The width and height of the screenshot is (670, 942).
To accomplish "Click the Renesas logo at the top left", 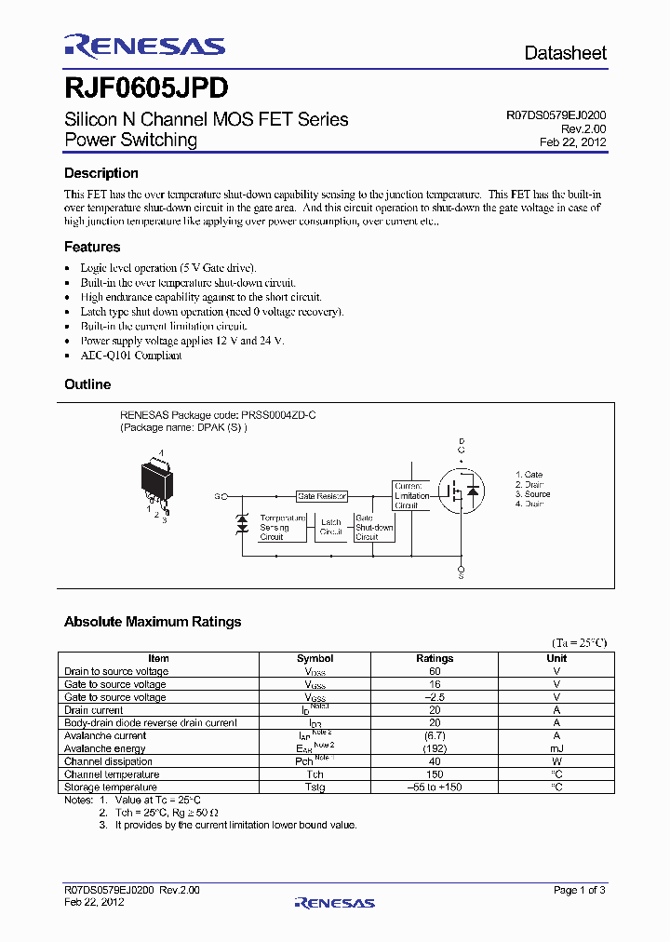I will pyautogui.click(x=144, y=47).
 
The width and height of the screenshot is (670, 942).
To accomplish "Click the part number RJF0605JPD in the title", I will pyautogui.click(x=146, y=88).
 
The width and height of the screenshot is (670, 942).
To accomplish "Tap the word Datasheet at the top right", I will pyautogui.click(x=565, y=53).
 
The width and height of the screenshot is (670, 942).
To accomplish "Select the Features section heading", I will pyautogui.click(x=92, y=247).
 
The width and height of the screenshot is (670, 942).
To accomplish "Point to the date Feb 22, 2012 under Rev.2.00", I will pyautogui.click(x=572, y=142).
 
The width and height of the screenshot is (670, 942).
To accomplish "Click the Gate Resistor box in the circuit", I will pyautogui.click(x=322, y=497).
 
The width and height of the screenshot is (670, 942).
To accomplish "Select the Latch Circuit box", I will pyautogui.click(x=330, y=528).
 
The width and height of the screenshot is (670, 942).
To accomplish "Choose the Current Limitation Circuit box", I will pyautogui.click(x=410, y=496).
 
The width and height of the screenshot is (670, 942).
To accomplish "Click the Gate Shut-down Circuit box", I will pyautogui.click(x=374, y=527).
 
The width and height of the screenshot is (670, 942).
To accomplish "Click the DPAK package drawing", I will pyautogui.click(x=157, y=480).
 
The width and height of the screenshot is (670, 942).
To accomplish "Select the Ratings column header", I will pyautogui.click(x=435, y=658).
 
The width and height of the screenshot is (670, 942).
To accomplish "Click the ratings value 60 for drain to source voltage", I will pyautogui.click(x=435, y=671).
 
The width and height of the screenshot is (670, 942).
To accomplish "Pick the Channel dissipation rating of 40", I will pyautogui.click(x=435, y=761).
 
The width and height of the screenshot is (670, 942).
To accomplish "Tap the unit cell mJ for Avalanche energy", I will pyautogui.click(x=556, y=748).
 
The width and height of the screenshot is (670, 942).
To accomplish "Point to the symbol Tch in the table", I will pyautogui.click(x=315, y=774).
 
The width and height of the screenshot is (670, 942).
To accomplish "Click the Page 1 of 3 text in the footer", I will pyautogui.click(x=579, y=890).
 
